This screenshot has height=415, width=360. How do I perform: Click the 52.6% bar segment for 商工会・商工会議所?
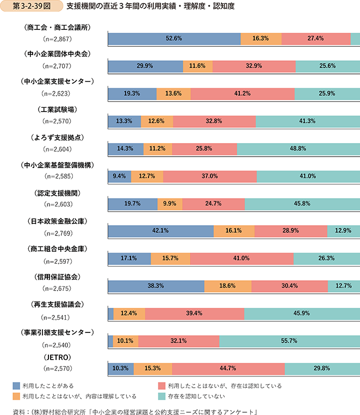click(174, 39)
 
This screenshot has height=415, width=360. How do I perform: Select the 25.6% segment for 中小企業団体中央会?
click(327, 66)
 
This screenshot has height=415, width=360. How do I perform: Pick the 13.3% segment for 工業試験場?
click(125, 121)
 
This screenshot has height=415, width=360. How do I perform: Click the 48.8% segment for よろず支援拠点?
click(298, 148)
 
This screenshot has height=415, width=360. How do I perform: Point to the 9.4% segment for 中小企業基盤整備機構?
click(120, 176)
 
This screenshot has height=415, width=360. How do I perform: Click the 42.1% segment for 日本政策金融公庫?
click(161, 231)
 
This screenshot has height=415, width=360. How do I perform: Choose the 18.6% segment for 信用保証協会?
click(227, 286)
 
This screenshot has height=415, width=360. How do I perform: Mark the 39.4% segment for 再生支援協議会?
click(195, 313)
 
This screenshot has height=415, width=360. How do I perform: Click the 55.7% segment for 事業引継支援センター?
click(289, 341)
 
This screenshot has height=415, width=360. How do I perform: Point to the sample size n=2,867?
click(57, 40)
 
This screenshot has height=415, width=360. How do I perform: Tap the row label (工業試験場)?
click(57, 109)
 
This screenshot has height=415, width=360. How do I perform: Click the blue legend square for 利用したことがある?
click(17, 386)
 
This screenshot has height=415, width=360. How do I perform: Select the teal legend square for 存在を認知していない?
click(162, 396)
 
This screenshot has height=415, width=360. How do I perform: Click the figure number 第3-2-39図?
click(29, 8)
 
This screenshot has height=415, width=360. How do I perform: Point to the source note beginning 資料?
click(136, 410)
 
